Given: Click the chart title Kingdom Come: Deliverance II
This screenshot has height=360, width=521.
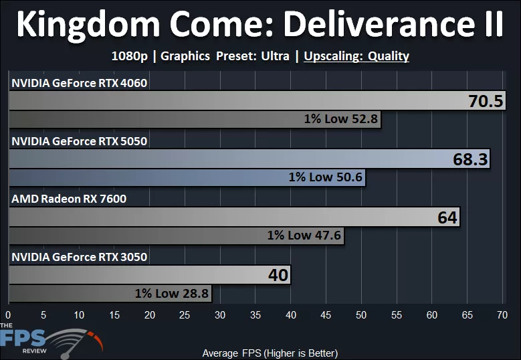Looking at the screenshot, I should point(260,25).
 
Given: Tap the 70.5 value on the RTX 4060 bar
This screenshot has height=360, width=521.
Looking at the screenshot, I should point(486,102).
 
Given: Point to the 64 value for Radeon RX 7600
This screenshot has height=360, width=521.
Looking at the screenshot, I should point(447,217).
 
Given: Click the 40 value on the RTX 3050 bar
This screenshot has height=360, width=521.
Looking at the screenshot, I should point(278,275).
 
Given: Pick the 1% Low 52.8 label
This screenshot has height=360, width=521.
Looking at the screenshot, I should point(341,119).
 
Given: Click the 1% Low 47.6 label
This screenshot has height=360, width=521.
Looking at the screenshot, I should point(304,235).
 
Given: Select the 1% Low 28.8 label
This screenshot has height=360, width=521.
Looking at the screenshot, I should point(172,292).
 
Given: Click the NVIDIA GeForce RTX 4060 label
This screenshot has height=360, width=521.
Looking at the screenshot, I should point(79,83).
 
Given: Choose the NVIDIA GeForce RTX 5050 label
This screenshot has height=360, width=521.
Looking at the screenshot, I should point(79,141).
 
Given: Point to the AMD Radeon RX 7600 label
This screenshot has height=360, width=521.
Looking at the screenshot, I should point(69,199).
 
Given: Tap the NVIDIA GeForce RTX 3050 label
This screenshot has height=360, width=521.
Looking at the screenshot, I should point(79,256).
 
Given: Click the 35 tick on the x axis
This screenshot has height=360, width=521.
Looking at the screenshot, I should point(255,314).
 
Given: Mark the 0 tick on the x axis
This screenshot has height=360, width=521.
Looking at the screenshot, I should point(8,314).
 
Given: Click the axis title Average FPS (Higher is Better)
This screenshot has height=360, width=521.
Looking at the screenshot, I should point(270,353).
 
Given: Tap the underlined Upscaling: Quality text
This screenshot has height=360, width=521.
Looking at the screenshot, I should point(356,56).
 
